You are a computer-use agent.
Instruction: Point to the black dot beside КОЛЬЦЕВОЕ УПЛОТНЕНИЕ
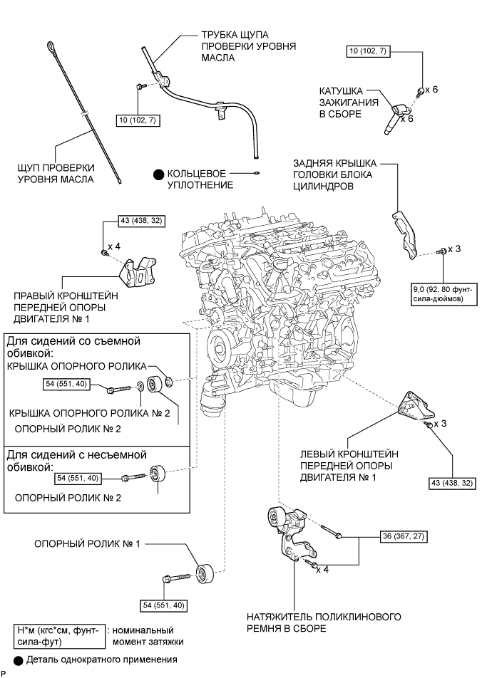(155, 174)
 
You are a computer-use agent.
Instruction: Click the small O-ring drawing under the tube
(255, 172)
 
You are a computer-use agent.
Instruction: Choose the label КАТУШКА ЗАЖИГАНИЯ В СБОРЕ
(346, 101)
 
